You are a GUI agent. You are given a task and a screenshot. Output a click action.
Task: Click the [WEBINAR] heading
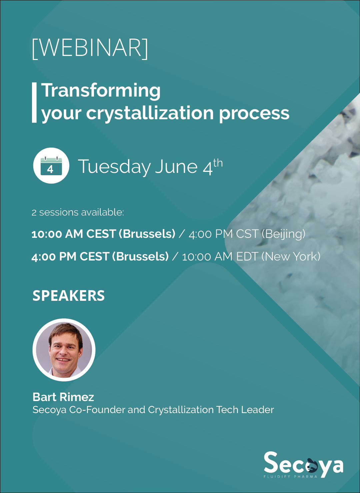[90, 48]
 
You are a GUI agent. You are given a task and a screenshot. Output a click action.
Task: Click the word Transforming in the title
[101, 91]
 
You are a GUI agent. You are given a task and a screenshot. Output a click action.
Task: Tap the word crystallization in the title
[150, 113]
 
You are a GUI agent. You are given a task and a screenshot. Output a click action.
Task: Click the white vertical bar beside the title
[34, 103]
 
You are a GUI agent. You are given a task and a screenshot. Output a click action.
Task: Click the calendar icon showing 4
[51, 166]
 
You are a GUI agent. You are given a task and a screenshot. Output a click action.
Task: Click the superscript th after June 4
[218, 163]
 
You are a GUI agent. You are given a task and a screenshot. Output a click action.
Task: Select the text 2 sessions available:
[78, 212]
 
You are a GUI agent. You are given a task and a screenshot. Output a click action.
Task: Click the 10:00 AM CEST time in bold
[73, 234]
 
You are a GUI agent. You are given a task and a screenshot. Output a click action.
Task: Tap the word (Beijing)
[283, 234]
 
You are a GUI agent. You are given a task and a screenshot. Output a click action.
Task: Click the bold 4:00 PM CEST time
[70, 256]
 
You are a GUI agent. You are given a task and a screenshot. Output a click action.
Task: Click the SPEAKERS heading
[69, 296]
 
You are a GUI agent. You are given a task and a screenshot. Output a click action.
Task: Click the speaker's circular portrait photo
[64, 350]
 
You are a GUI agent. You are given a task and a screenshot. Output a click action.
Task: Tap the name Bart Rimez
[63, 397]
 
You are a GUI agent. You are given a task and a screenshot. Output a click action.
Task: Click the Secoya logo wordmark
[303, 463]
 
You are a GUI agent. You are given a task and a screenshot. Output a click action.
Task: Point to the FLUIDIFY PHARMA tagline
[290, 477]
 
